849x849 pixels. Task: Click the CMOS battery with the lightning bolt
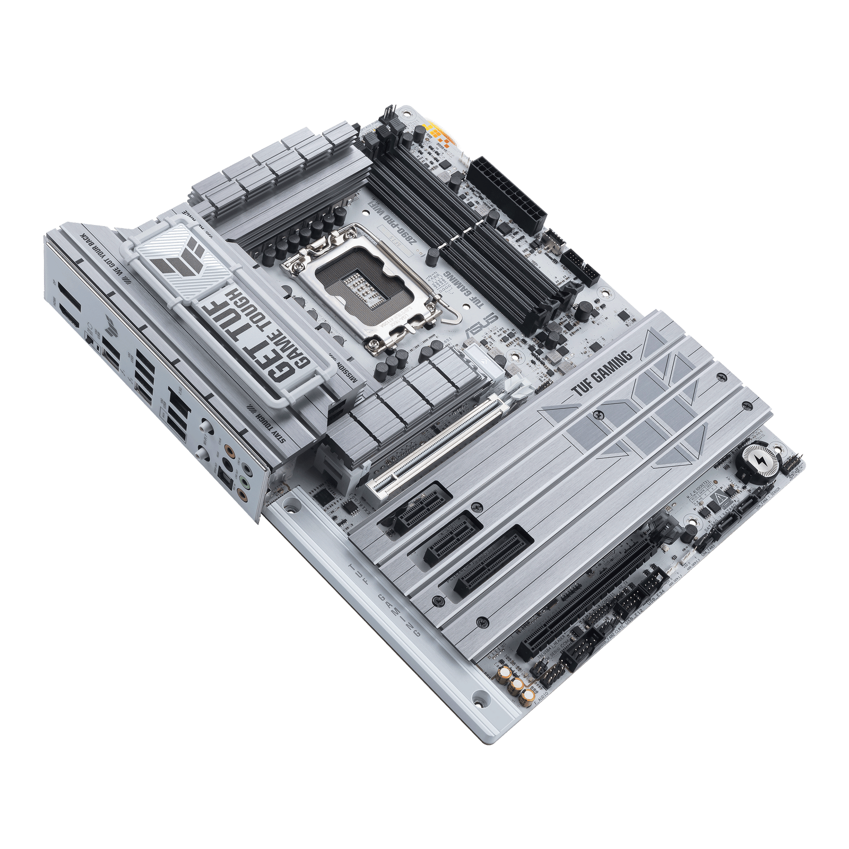click(x=760, y=462)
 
